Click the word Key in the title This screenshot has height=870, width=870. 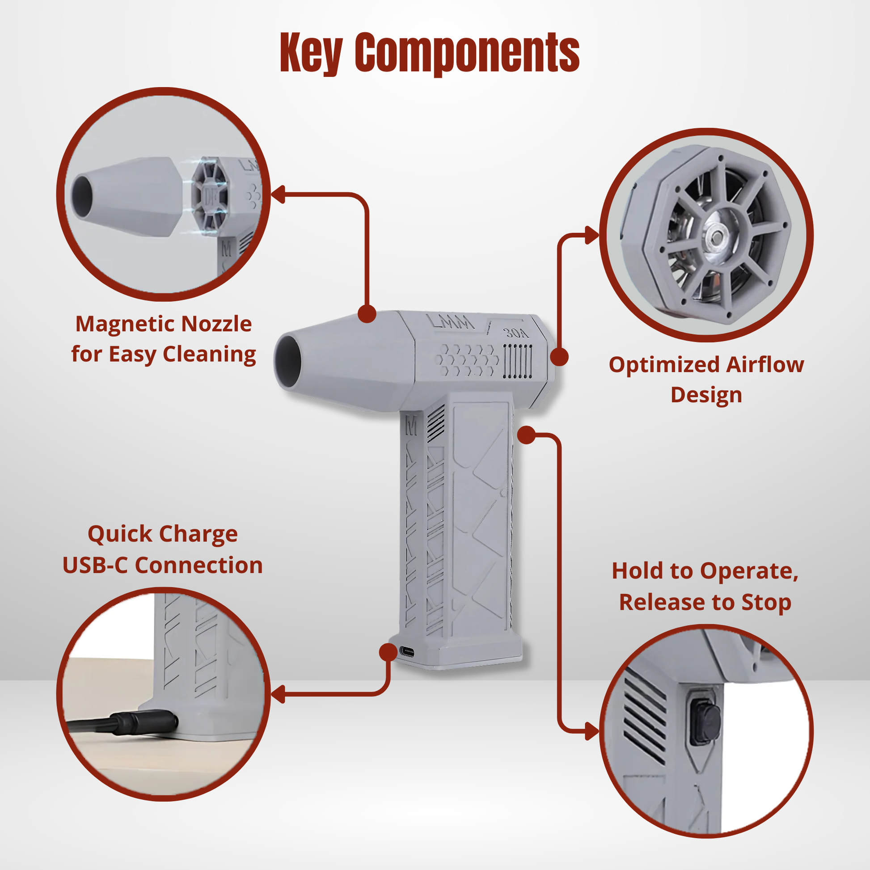pyautogui.click(x=311, y=53)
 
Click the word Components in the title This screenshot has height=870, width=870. pyautogui.click(x=467, y=53)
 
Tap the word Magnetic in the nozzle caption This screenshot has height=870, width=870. pyautogui.click(x=125, y=324)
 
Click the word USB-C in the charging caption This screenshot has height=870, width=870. pyautogui.click(x=95, y=565)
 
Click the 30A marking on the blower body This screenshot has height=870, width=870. pyautogui.click(x=515, y=333)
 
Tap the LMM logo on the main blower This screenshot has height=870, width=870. pyautogui.click(x=450, y=321)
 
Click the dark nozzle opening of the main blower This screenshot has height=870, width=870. pyautogui.click(x=289, y=362)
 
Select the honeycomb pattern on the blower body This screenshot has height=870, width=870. pyautogui.click(x=468, y=360)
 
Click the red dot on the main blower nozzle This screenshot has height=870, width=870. pyautogui.click(x=367, y=313)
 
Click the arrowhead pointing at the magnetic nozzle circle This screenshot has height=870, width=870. pyautogui.click(x=277, y=194)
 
